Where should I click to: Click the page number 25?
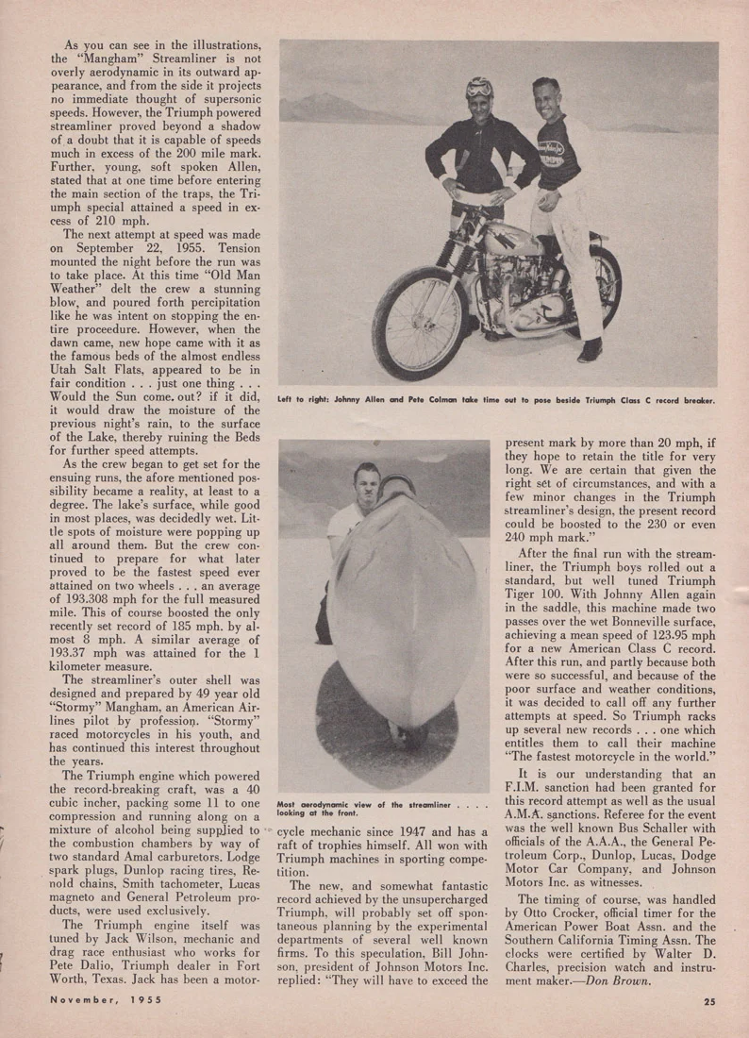(708, 1003)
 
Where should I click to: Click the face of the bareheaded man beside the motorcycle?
(547, 101)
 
